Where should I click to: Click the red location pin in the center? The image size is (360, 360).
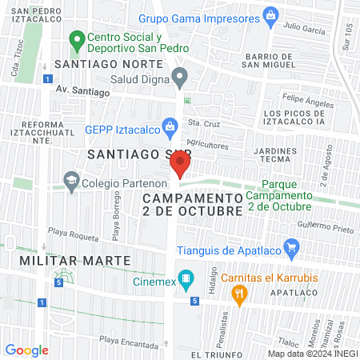(x=180, y=165)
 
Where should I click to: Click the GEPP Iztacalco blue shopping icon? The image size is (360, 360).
(x=170, y=125)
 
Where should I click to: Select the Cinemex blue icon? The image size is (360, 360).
(x=186, y=279)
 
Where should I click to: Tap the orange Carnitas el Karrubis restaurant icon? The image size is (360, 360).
(x=238, y=295)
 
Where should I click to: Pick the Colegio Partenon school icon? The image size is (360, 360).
(x=72, y=181)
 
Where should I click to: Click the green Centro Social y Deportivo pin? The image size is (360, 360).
(x=78, y=38)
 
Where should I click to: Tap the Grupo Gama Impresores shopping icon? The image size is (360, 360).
(x=271, y=15)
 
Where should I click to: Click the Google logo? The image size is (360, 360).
(x=27, y=350)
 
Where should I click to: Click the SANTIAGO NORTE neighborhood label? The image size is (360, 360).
(x=101, y=64)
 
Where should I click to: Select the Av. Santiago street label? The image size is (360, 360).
(x=82, y=92)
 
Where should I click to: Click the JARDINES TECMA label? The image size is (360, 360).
(x=280, y=155)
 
